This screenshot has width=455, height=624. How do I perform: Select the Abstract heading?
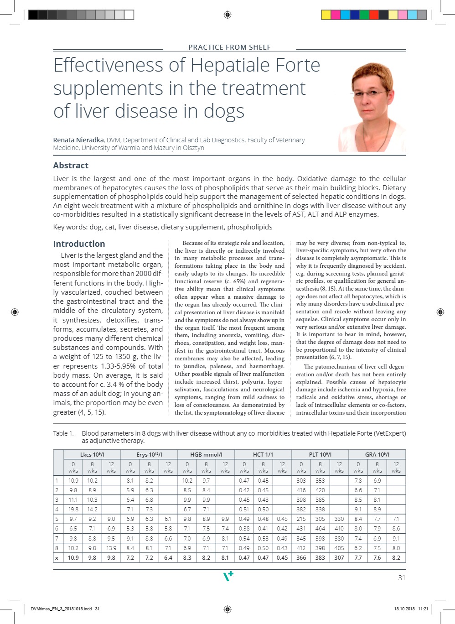click(x=71, y=166)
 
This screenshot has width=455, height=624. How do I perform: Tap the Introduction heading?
click(x=79, y=244)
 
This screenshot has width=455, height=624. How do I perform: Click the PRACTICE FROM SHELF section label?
click(x=229, y=47)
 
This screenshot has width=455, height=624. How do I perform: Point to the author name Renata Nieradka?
click(x=78, y=140)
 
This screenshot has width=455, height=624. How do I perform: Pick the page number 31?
click(x=401, y=577)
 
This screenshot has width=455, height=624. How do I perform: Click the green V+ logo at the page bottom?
click(x=228, y=576)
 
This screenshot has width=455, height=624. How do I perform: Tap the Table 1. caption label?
click(x=63, y=433)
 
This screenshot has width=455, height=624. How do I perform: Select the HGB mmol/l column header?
click(x=206, y=454)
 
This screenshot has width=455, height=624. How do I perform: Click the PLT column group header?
click(x=320, y=454)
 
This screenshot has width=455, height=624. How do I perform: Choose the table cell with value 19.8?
click(x=73, y=509)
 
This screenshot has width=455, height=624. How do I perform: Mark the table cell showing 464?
click(x=320, y=528)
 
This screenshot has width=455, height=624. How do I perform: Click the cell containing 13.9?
click(x=111, y=548)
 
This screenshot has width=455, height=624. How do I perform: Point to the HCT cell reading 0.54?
click(x=244, y=538)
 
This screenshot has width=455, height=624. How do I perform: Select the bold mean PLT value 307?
click(x=339, y=557)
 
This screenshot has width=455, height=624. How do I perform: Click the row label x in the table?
click(x=57, y=557)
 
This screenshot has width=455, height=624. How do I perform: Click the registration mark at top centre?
click(x=227, y=15)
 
